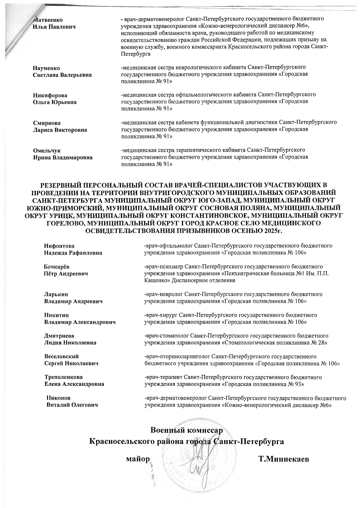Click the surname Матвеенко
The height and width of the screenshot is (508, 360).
coord(48,20)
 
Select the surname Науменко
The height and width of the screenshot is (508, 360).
coord(46,68)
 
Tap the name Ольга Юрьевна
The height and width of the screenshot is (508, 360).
coord(55,102)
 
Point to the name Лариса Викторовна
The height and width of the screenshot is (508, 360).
coord(60,130)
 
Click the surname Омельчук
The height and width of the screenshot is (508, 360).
coord(47,151)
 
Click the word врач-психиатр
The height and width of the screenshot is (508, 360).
coord(163,266)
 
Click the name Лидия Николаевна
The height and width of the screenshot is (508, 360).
coord(70,343)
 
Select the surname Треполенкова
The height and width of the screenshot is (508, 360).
coord(63,377)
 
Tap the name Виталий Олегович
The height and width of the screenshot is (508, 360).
coord(72,405)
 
